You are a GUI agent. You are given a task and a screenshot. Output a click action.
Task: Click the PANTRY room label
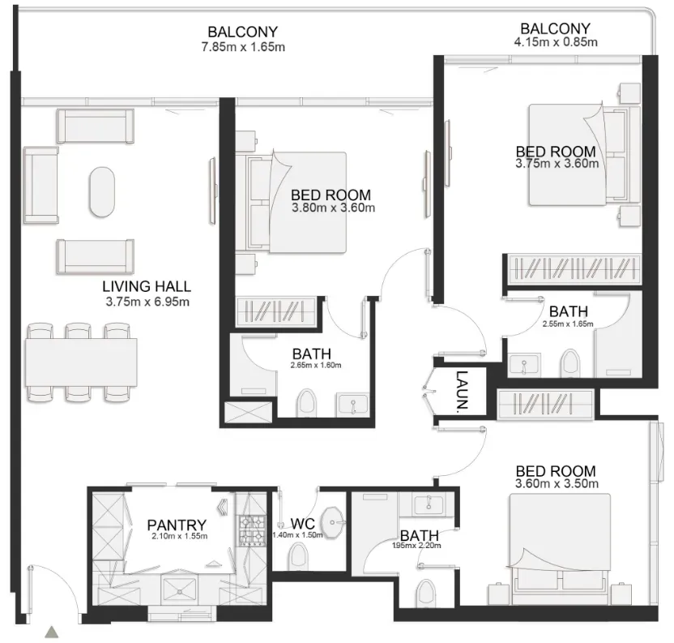pyautogui.click(x=177, y=525)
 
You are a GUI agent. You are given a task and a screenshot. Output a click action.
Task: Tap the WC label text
pyautogui.click(x=303, y=524)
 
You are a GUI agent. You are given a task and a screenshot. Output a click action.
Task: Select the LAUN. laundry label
pyautogui.click(x=462, y=390)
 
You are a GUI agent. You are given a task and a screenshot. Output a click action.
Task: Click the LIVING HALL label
pyautogui.click(x=147, y=286)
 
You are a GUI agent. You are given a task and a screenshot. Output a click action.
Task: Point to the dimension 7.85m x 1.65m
pyautogui.click(x=243, y=47)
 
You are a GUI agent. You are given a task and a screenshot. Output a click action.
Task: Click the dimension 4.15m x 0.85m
pyautogui.click(x=556, y=42)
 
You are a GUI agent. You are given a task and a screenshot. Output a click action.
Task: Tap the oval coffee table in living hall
pyautogui.click(x=102, y=192)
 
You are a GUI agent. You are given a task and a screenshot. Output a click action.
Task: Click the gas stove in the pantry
pyautogui.click(x=252, y=530)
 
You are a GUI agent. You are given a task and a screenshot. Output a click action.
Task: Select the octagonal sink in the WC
pyautogui.click(x=333, y=522)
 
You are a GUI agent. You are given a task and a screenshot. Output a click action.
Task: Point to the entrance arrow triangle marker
pyautogui.click(x=52, y=632)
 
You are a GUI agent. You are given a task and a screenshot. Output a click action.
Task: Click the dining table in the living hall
pyautogui.click(x=81, y=362)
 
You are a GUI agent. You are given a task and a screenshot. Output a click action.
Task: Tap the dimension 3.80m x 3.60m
pyautogui.click(x=333, y=208)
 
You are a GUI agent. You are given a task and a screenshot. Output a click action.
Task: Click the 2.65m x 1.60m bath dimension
pyautogui.click(x=316, y=366)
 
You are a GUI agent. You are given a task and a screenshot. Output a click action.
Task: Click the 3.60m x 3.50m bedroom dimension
pyautogui.click(x=557, y=484)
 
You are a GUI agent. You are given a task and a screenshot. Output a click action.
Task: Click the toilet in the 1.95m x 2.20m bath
pyautogui.click(x=426, y=593)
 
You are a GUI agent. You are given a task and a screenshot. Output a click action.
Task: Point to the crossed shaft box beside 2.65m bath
pyautogui.click(x=249, y=412)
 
